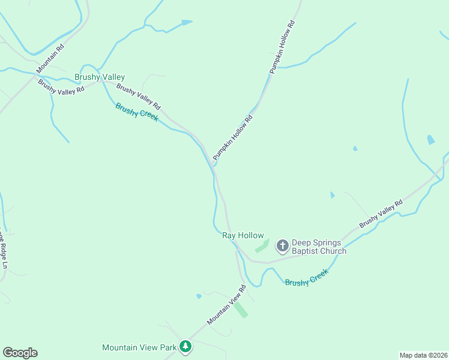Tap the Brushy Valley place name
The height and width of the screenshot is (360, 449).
click(x=100, y=77)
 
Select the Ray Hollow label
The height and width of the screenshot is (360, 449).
click(x=243, y=236)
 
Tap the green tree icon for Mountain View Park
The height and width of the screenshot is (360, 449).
click(x=186, y=346)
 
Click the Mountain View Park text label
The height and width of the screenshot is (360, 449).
click(x=140, y=347)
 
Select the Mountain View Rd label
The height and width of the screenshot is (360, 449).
click(x=227, y=305)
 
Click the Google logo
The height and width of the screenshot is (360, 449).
click(x=20, y=353)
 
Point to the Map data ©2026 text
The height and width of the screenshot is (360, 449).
click(x=423, y=355)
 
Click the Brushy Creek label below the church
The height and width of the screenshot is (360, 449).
click(x=307, y=278)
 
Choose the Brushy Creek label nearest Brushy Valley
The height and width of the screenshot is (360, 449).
click(x=137, y=112)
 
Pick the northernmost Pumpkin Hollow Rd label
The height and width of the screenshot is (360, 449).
click(x=283, y=47)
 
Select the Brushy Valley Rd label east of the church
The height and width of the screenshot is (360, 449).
click(x=381, y=214)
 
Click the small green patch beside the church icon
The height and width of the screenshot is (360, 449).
click(x=261, y=246)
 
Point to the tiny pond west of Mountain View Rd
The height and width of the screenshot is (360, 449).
click(x=199, y=296)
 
